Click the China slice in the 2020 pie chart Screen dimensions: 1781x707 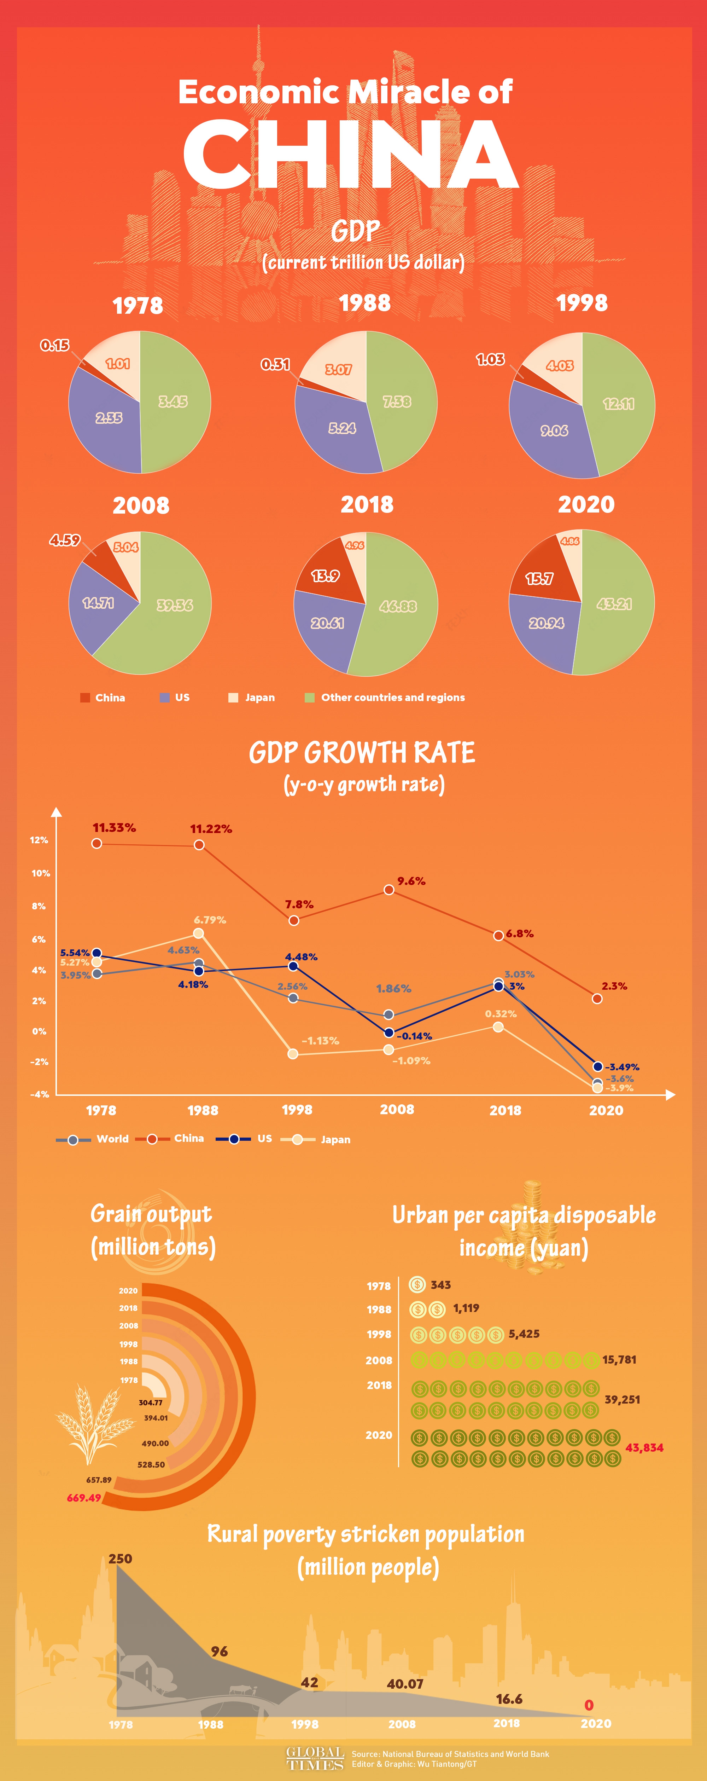[543, 574]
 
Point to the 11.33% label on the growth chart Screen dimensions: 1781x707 [114, 828]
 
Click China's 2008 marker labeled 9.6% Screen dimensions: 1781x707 [389, 890]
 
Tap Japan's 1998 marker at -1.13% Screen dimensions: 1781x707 [293, 1054]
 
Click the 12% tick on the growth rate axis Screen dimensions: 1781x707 [39, 840]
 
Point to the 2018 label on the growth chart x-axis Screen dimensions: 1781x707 [505, 1110]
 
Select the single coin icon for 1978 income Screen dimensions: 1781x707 [417, 1285]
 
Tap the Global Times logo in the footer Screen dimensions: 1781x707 [315, 1758]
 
